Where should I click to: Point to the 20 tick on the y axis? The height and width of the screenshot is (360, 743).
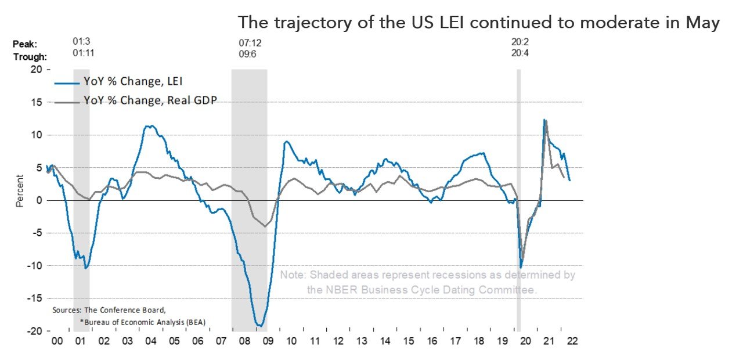36,69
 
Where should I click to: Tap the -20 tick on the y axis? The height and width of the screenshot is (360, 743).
34,331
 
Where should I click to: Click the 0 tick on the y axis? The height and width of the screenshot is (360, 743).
39,200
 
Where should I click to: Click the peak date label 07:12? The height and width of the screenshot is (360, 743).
250,43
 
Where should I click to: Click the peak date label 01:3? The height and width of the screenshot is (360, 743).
81,43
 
